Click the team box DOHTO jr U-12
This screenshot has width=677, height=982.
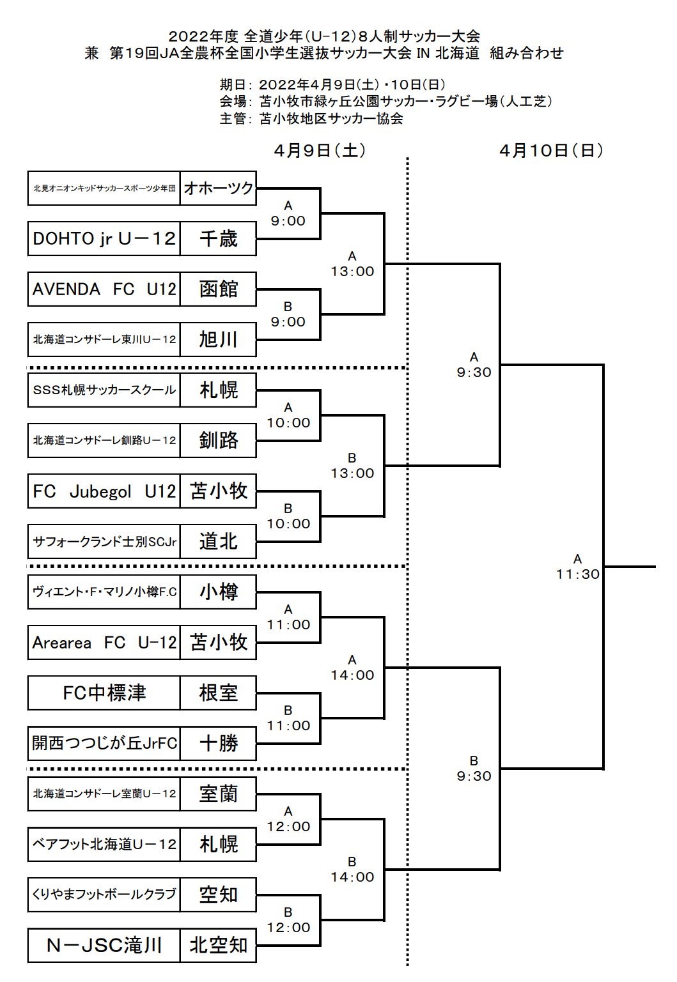(x=104, y=238)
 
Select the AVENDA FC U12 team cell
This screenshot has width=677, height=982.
(x=104, y=289)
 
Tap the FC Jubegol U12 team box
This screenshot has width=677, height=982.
(x=104, y=491)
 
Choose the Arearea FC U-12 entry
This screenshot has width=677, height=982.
(x=104, y=642)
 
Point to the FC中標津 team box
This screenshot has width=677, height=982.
(x=104, y=693)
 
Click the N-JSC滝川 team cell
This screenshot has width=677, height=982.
(x=104, y=945)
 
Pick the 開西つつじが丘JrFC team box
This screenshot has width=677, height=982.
(x=104, y=743)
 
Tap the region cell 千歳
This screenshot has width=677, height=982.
(x=218, y=238)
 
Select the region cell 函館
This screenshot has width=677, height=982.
(x=218, y=289)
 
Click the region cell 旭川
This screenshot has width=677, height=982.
(x=218, y=339)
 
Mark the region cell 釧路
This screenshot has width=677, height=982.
(x=218, y=440)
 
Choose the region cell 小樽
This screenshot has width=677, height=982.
(x=218, y=592)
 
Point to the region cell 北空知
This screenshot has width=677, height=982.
(x=218, y=945)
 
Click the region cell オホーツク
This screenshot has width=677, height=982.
(x=218, y=188)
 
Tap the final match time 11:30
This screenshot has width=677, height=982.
(x=578, y=574)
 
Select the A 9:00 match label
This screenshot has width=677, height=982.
(x=288, y=214)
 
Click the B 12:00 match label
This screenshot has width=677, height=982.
(x=288, y=921)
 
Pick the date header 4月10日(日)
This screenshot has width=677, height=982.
(x=551, y=151)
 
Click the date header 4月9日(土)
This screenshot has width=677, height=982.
(x=320, y=151)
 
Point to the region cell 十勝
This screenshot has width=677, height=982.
(x=218, y=743)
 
